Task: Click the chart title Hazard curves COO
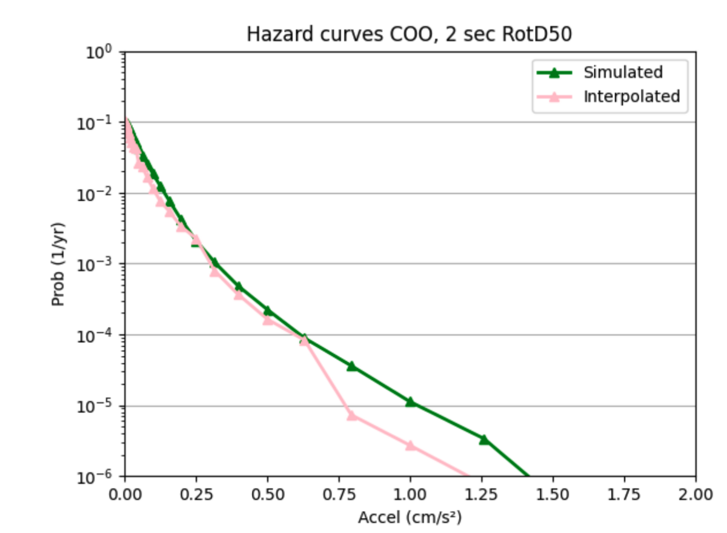click(x=409, y=35)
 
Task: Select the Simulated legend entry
click(x=623, y=72)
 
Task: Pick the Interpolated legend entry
click(x=631, y=96)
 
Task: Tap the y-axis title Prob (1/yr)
click(x=58, y=264)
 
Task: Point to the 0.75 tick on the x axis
click(x=339, y=494)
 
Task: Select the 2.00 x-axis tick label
click(x=695, y=494)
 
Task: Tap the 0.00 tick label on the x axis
click(x=125, y=494)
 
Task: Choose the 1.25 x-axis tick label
click(x=481, y=494)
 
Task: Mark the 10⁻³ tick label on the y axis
click(x=99, y=264)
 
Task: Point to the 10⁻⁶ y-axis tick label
click(x=99, y=477)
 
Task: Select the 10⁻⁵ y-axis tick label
click(x=99, y=406)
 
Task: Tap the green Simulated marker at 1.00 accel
click(x=410, y=401)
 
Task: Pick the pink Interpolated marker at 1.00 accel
click(x=410, y=445)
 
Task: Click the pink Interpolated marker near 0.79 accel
click(x=351, y=415)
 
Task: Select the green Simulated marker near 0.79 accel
click(x=351, y=366)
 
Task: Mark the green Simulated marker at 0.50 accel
click(x=267, y=310)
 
